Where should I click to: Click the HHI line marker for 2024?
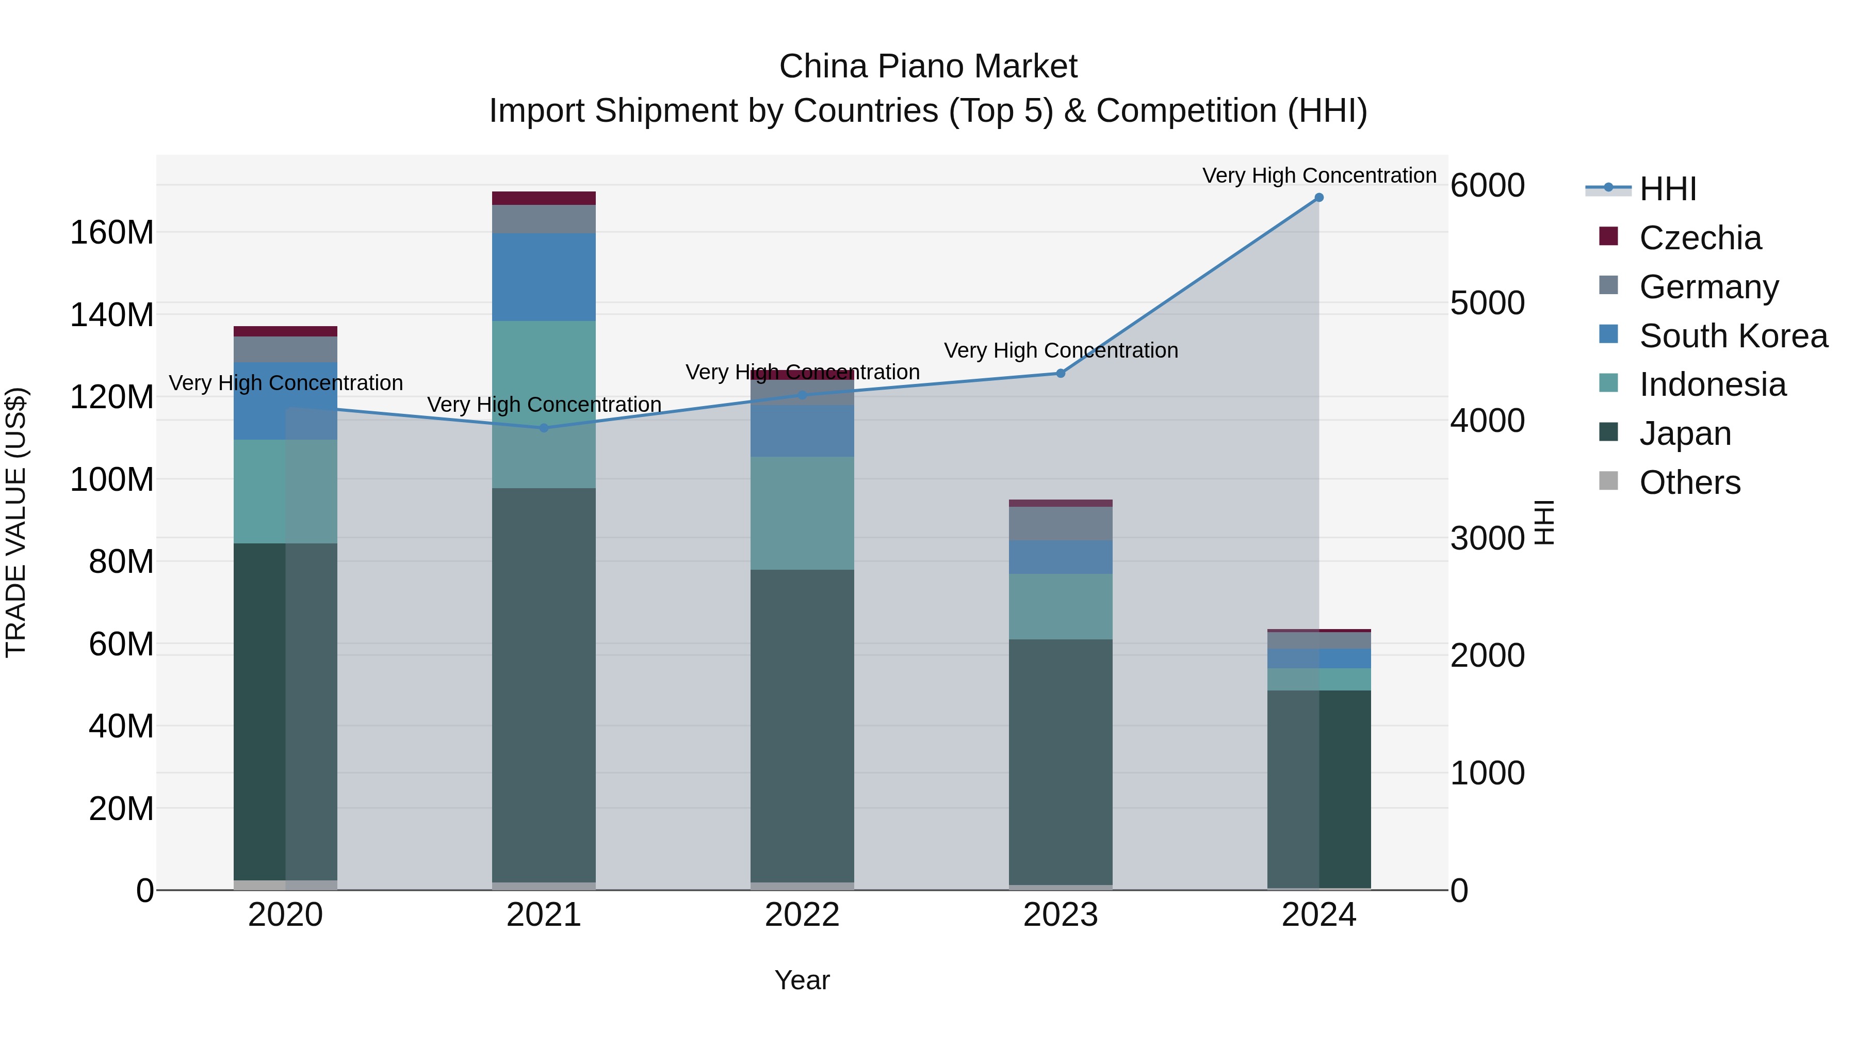[x=1318, y=198]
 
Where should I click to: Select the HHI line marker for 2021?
[x=544, y=428]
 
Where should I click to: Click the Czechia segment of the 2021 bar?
[x=544, y=198]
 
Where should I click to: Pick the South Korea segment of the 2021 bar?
[x=544, y=277]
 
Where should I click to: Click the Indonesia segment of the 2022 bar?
[x=802, y=513]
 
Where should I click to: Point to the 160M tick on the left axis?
[x=112, y=233]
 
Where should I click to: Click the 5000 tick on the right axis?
[x=1487, y=303]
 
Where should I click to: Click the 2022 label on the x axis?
[x=802, y=915]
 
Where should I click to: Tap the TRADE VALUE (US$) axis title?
[x=16, y=522]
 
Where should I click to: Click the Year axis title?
[x=802, y=980]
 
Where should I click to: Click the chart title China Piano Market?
[x=928, y=67]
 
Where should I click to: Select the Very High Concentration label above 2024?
[x=1318, y=175]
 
